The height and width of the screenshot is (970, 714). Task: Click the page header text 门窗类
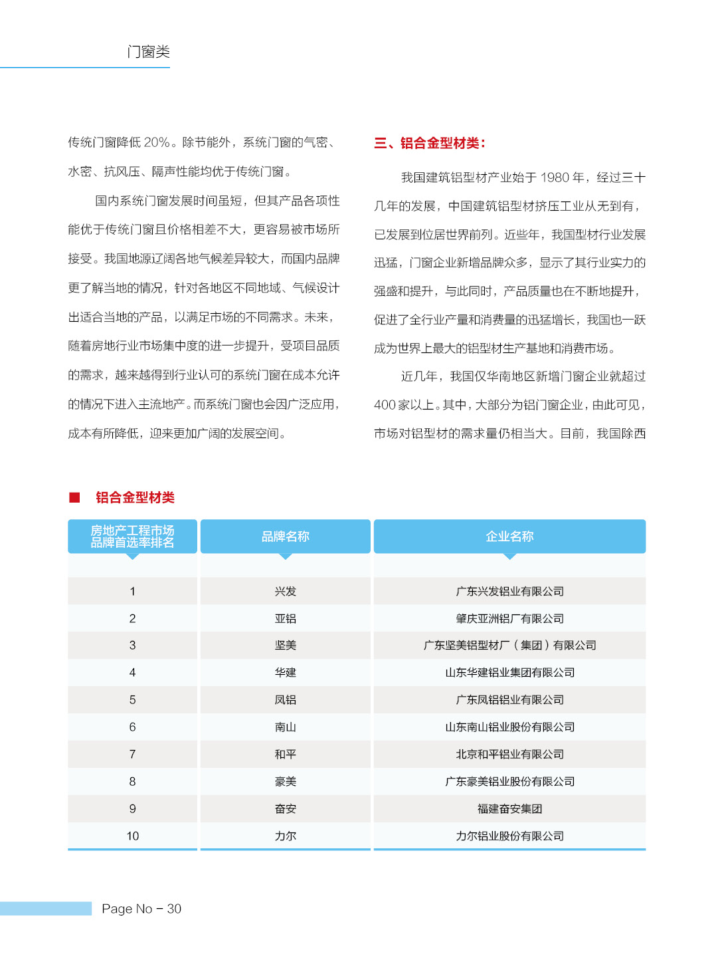[x=148, y=52]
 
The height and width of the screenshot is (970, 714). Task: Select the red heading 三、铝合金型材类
[x=430, y=143]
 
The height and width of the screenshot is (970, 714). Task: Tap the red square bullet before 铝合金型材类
[x=74, y=497]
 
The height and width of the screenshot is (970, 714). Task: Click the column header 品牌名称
[x=285, y=537]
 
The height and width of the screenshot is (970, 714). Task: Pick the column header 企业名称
[x=509, y=537]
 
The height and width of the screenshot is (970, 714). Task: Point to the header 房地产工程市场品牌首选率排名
[x=132, y=537]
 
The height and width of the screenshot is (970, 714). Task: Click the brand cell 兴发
[x=285, y=591]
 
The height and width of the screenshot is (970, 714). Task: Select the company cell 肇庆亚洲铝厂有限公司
[x=509, y=618]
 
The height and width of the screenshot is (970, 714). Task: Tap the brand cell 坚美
[x=285, y=645]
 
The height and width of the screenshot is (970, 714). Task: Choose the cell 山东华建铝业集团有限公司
[x=509, y=672]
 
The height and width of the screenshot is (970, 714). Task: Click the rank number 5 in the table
[x=132, y=699]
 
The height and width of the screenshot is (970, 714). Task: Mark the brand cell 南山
[x=285, y=727]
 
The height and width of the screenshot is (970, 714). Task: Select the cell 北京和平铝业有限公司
[x=509, y=754]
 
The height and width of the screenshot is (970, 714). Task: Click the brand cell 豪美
[x=285, y=781]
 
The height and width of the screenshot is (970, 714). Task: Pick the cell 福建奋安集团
[x=509, y=808]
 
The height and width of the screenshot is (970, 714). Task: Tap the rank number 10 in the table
[x=132, y=836]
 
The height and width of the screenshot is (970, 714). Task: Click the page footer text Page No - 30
[x=141, y=909]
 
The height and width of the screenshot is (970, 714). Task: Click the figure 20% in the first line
[x=157, y=142]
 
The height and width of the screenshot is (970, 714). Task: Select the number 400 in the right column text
[x=385, y=405]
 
